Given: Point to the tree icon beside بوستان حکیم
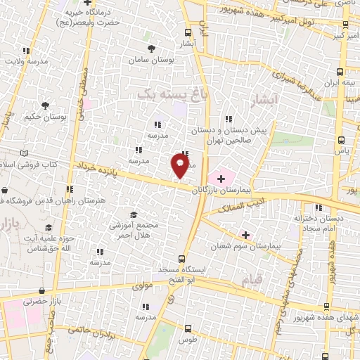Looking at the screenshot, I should [46, 105].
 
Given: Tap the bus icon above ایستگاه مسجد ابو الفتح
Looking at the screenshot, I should [181, 259].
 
